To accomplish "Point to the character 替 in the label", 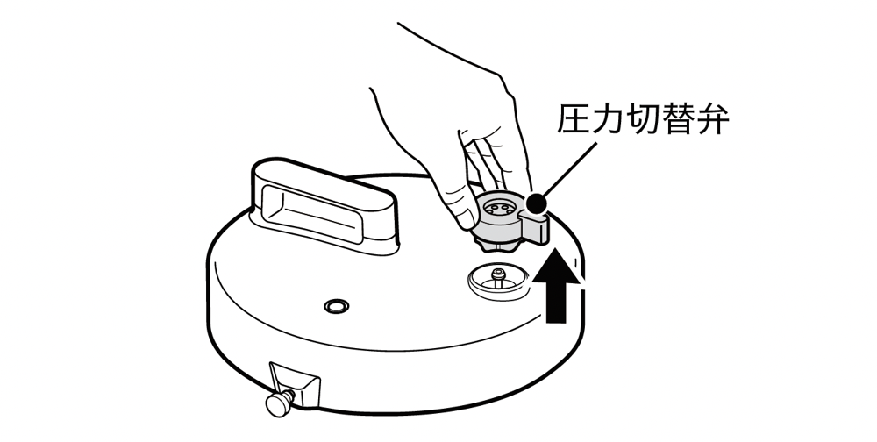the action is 678,118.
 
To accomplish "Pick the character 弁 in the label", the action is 712,118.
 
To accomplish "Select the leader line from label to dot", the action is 568,169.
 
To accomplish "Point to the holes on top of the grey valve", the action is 497,208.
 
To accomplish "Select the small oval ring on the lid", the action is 337,305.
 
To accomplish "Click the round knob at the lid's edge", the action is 277,404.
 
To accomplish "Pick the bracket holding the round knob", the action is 296,383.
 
